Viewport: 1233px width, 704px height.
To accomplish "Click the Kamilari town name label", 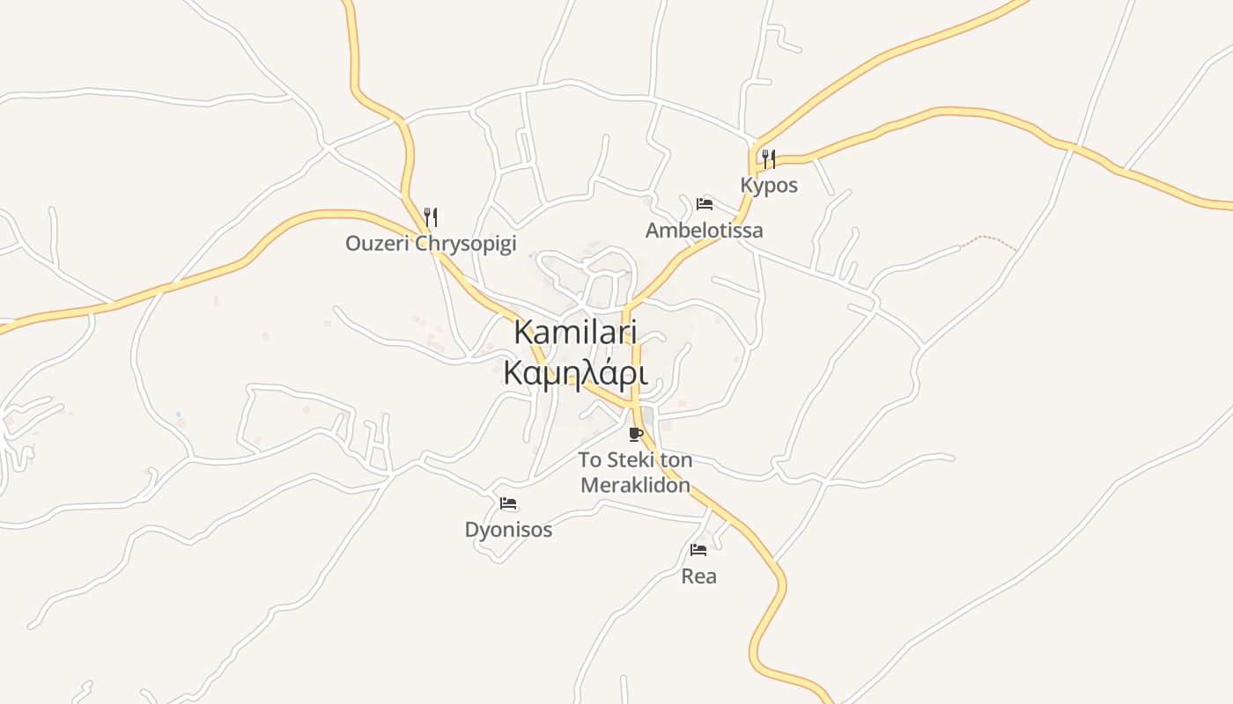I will coord(575,333).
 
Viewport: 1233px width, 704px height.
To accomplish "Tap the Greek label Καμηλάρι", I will coord(575,374).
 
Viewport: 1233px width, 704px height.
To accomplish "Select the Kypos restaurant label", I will coord(769,186).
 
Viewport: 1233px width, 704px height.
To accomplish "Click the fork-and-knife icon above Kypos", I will coord(769,159).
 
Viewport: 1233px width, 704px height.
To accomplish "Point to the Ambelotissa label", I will coord(704,231).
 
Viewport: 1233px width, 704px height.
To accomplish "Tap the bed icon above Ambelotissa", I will coord(704,204).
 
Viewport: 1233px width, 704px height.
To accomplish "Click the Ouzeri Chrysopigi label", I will coord(431,244).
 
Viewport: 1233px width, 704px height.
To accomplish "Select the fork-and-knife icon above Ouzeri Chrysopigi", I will coord(431,216).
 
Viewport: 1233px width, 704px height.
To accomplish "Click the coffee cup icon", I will coord(635,434).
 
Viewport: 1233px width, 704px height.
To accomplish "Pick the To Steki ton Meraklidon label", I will coord(635,473).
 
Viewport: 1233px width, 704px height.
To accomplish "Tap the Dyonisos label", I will coord(508,530).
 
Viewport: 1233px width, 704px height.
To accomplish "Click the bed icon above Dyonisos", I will coord(508,504).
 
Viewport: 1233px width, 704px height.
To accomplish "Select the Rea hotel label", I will coord(698,576).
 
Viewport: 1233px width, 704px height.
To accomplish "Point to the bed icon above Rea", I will coord(698,550).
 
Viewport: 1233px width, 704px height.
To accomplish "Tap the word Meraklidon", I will coord(635,486).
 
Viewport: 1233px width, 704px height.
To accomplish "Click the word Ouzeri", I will coord(377,244).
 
